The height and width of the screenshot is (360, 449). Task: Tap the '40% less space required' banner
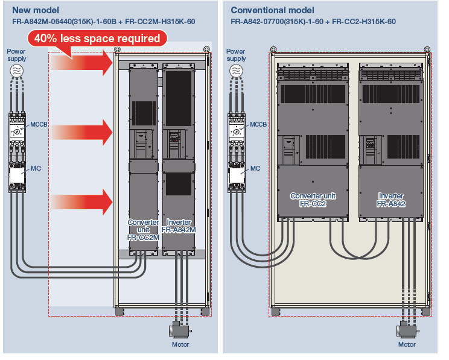tap(97, 38)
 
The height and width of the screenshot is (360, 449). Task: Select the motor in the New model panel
tap(179, 330)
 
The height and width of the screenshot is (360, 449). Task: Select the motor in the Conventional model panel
tap(406, 330)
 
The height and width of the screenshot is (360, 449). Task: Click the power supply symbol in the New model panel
tap(17, 71)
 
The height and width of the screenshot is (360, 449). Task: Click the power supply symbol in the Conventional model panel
tap(236, 71)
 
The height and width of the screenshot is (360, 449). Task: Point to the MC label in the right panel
tap(255, 168)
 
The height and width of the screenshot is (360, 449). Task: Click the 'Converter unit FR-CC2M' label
tap(143, 230)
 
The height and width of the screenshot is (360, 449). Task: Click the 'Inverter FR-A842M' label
tap(179, 226)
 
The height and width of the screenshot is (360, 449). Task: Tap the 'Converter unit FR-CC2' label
tap(313, 200)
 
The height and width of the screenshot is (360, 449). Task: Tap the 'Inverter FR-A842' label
tap(391, 200)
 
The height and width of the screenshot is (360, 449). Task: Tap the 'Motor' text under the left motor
tap(180, 345)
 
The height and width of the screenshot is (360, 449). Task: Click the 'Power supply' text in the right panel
tap(236, 55)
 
